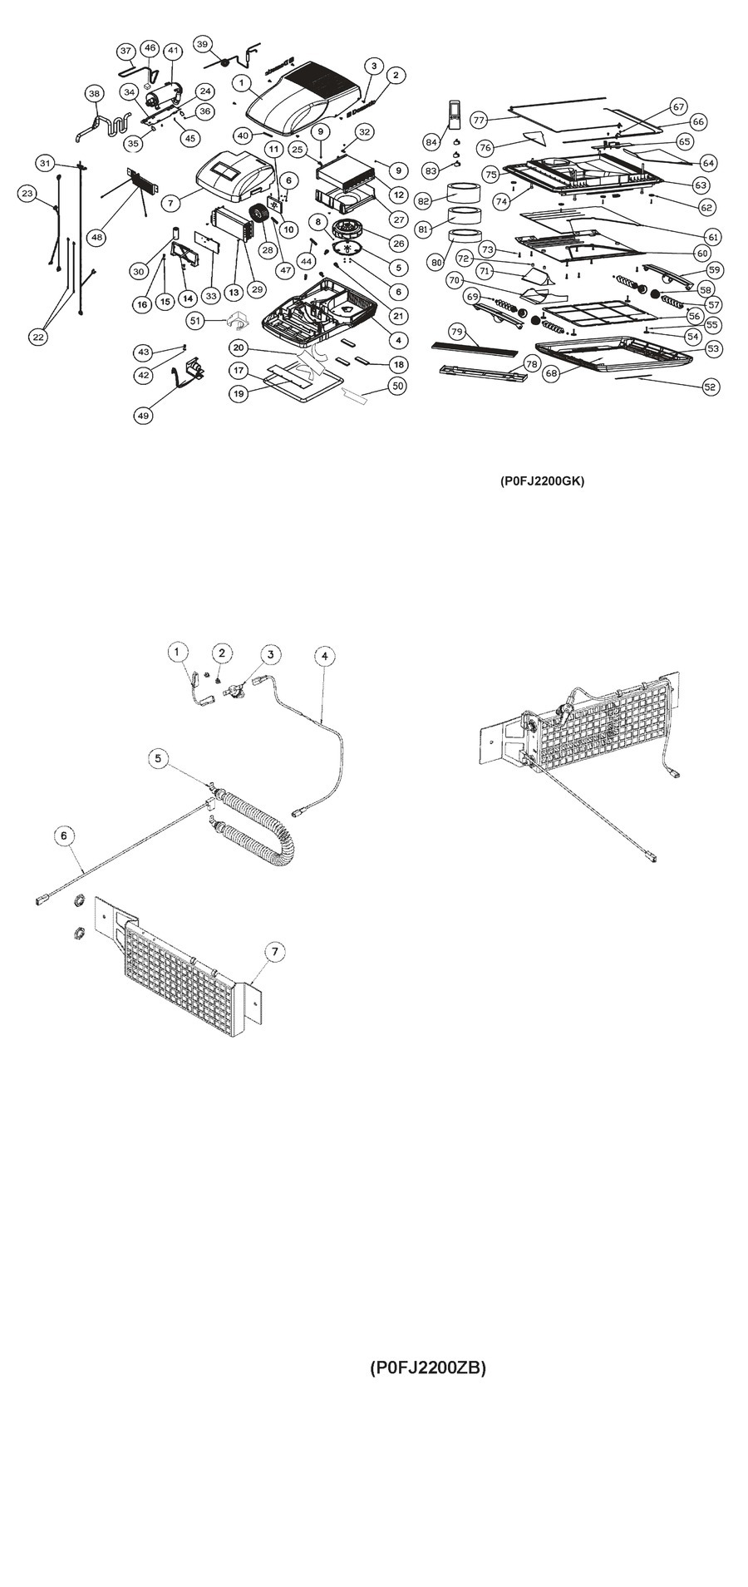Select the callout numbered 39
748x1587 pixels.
pyautogui.click(x=204, y=44)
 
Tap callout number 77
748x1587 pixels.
pyautogui.click(x=479, y=120)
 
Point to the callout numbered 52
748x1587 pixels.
pyautogui.click(x=709, y=387)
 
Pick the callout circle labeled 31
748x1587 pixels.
pyautogui.click(x=45, y=162)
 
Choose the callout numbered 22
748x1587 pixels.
pyautogui.click(x=38, y=336)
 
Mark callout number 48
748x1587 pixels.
pyautogui.click(x=98, y=238)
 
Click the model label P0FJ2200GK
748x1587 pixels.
pyautogui.click(x=542, y=481)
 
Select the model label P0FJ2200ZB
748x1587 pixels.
pyautogui.click(x=427, y=1368)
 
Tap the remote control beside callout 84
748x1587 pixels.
pyautogui.click(x=454, y=114)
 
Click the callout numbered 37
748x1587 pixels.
pyautogui.click(x=125, y=51)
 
